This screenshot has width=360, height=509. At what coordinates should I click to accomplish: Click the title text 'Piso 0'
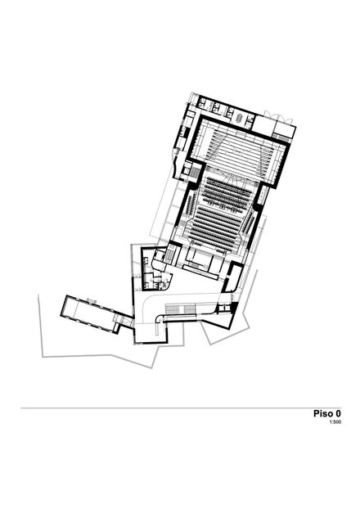[x=327, y=413]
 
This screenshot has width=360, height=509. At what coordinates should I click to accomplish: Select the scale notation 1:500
[x=335, y=422]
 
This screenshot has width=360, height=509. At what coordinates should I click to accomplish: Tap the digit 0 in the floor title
[x=339, y=413]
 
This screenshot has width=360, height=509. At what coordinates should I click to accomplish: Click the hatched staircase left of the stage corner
[x=196, y=171]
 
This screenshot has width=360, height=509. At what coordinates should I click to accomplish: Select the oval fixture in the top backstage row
[x=240, y=118]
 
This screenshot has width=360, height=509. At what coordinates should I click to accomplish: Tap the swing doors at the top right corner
[x=278, y=116]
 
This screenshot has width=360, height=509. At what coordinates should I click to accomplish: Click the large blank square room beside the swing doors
[x=263, y=126]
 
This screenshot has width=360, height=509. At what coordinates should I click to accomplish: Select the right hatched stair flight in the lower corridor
[x=189, y=309]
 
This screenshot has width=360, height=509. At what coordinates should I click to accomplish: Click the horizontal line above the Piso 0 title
[x=181, y=408]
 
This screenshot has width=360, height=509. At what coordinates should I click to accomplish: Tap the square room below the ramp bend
[x=151, y=334]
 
